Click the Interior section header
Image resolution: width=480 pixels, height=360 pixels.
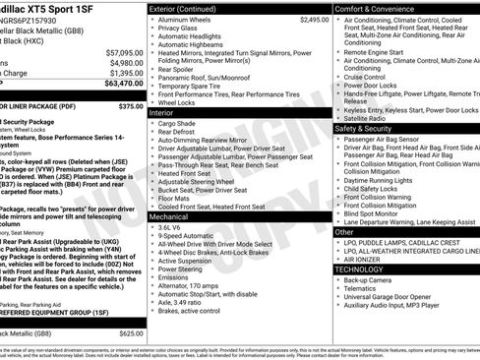162,113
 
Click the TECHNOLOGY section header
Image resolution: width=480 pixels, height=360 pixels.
359,269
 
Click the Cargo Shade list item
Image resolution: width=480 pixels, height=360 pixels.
178,125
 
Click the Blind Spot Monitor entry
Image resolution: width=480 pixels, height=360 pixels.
377,212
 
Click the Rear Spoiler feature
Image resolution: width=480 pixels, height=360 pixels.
176,70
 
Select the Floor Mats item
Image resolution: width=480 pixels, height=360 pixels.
174,197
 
